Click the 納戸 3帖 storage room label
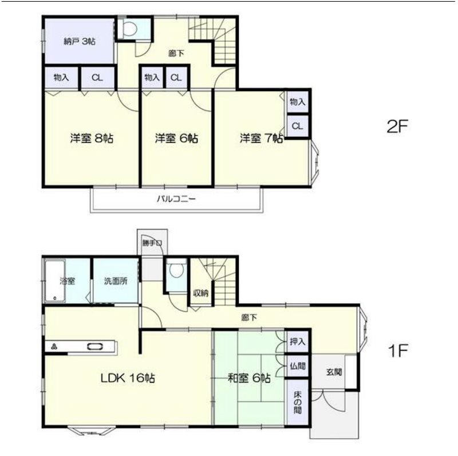pos(80,41)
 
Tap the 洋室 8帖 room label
pos(92,138)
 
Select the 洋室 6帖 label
pos(176,138)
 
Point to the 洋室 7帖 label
pos(262,138)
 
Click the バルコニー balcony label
pos(176,199)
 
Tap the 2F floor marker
pos(397,127)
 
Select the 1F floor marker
pos(397,351)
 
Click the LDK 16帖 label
pos(128,378)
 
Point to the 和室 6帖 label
pos(249,378)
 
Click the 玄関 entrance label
pos(334,372)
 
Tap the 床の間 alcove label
pos(298,402)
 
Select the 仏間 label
pos(298,365)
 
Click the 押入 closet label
pos(298,341)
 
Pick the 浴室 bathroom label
pos(68,281)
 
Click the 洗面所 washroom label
pos(116,281)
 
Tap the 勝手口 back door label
pos(152,243)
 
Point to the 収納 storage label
pos(201,293)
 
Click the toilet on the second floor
pos(131,29)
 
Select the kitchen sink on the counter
pos(96,347)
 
